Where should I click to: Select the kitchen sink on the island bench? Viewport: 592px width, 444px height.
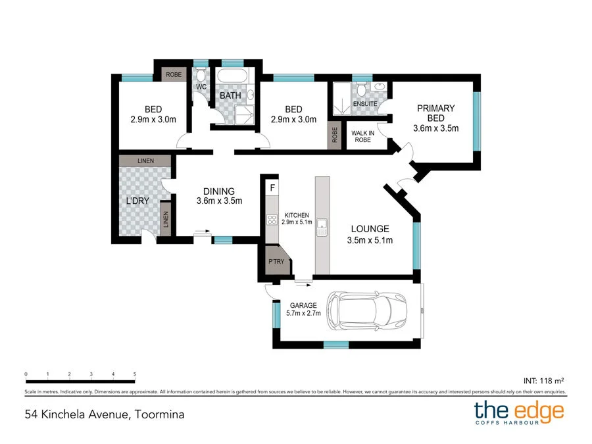(x=322, y=229)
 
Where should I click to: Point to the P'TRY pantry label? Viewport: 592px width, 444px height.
(x=274, y=261)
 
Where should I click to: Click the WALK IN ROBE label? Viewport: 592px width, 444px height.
(x=362, y=136)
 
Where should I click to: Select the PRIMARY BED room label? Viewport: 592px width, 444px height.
(x=436, y=113)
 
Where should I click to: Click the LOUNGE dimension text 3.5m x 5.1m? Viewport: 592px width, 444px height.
(x=370, y=240)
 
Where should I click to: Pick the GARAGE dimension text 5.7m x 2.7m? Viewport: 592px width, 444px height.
(x=303, y=314)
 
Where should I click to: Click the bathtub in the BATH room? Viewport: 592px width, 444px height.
(x=232, y=77)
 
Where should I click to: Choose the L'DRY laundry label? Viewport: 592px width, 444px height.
(x=139, y=201)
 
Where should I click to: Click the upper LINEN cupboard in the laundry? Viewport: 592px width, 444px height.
(x=145, y=160)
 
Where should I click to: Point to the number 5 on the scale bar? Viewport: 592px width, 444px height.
(x=134, y=374)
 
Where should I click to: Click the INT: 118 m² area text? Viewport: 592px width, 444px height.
(x=544, y=380)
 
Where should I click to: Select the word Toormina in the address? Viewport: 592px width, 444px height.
(x=159, y=414)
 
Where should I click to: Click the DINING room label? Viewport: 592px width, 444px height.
(x=220, y=191)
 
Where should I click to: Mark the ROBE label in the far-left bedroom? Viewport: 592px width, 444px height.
(x=174, y=74)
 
